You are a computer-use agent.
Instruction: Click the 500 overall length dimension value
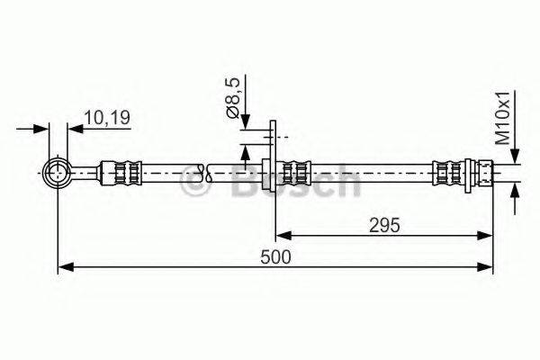(x=275, y=257)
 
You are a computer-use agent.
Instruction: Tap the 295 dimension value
(x=384, y=226)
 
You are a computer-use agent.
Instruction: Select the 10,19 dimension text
(x=107, y=118)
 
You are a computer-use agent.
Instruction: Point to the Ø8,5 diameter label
(x=233, y=98)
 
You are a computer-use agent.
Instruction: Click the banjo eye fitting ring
(x=58, y=173)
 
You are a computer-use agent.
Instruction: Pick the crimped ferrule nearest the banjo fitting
(x=121, y=173)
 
